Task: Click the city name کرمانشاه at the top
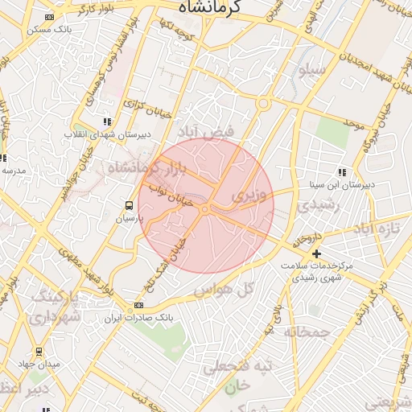(x=220, y=9)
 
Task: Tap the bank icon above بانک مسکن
(x=51, y=17)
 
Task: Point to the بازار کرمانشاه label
(x=146, y=168)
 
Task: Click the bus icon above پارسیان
(x=130, y=205)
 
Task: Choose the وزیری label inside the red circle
(x=246, y=195)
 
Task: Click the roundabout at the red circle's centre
(x=206, y=209)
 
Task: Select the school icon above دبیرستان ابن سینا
(x=343, y=171)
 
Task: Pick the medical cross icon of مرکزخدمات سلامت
(x=316, y=254)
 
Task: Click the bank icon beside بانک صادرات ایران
(x=139, y=306)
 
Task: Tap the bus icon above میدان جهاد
(x=39, y=352)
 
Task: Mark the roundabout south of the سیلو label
(x=262, y=103)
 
